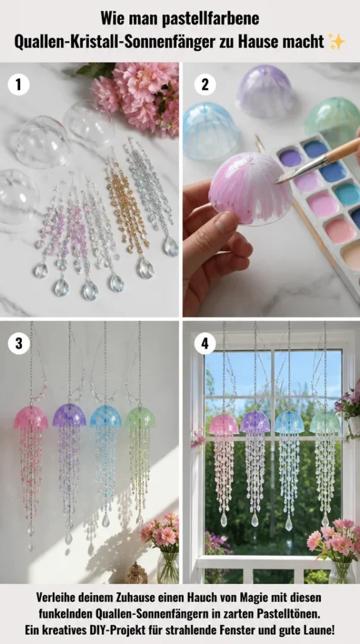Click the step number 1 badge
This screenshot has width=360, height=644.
click(18, 85)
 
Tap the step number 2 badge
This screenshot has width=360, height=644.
click(205, 85)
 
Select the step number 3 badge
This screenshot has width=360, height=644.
click(18, 343)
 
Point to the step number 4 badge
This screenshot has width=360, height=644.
click(205, 343)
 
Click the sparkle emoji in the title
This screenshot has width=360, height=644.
click(337, 42)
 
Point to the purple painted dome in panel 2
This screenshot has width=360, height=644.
click(265, 91)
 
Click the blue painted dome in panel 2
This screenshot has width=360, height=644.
click(210, 131)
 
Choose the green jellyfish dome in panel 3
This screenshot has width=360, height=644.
click(140, 417)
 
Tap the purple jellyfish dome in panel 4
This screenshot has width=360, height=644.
click(255, 422)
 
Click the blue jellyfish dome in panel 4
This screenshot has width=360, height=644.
click(290, 422)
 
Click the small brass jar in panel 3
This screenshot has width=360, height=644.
click(136, 573)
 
